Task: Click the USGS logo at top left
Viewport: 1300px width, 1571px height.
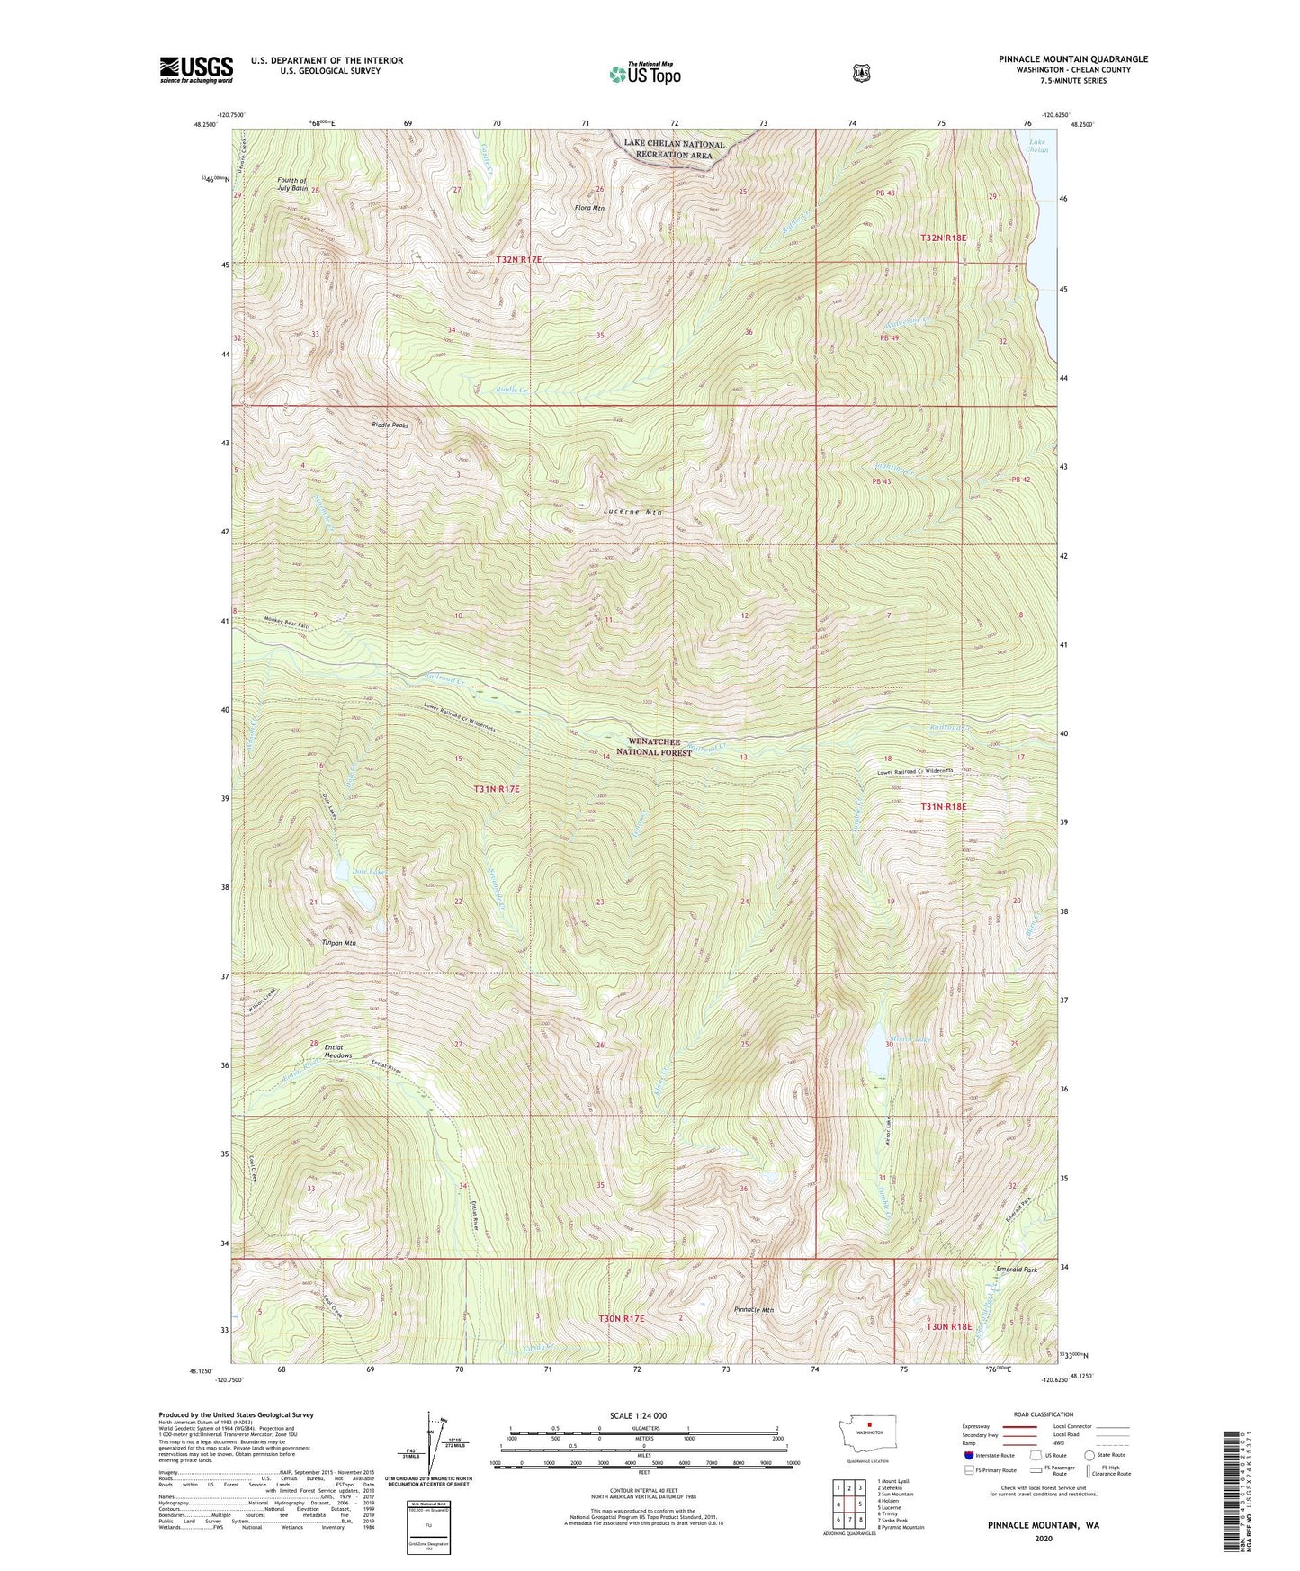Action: click(x=196, y=68)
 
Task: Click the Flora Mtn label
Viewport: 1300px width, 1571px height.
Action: click(x=589, y=208)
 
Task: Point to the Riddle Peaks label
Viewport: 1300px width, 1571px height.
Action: click(x=390, y=425)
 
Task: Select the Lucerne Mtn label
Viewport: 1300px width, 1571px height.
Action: click(x=632, y=511)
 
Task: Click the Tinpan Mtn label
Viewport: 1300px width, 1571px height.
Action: click(x=339, y=943)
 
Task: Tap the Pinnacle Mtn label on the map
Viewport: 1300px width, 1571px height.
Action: click(x=754, y=1309)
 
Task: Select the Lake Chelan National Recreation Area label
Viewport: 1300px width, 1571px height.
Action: click(x=674, y=149)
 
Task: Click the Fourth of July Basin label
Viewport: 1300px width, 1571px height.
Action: click(x=292, y=184)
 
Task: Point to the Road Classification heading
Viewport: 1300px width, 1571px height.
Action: click(x=1044, y=1415)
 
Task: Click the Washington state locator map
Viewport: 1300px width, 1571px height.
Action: click(x=869, y=1452)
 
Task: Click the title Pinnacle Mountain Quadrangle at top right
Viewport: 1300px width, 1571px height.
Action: click(x=1072, y=59)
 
